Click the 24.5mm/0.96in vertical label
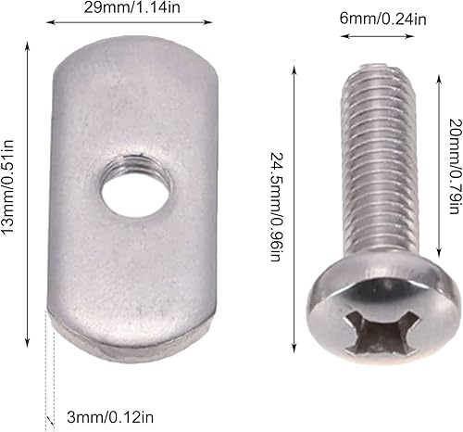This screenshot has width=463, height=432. tap(275, 206)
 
